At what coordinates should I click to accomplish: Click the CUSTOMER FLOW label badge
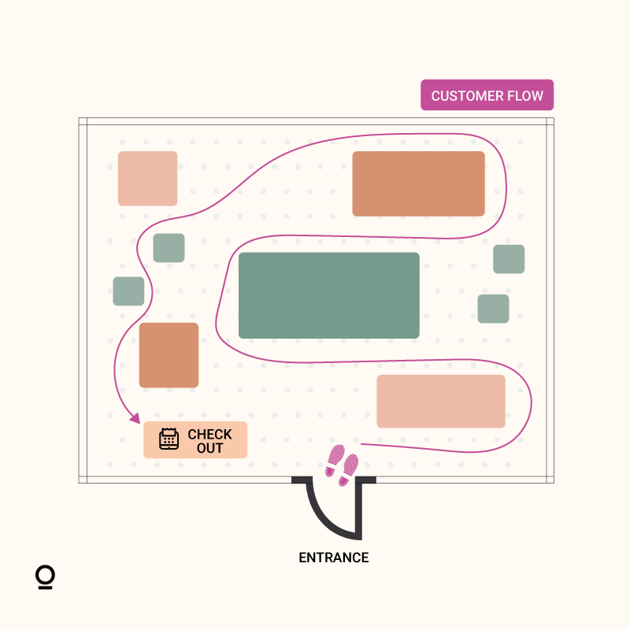[x=487, y=95]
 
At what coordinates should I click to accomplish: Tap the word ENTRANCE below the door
[x=333, y=558]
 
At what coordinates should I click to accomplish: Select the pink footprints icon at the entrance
[x=342, y=465]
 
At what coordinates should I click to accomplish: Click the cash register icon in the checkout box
[x=169, y=439]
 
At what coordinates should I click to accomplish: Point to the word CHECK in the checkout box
[x=209, y=434]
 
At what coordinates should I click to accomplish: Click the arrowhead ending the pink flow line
[x=135, y=419]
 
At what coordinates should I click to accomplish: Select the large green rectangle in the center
[x=328, y=295]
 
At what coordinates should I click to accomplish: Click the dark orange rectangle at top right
[x=418, y=183]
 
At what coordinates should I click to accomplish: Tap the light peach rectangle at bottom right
[x=440, y=401]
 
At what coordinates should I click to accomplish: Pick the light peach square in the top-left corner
[x=147, y=178]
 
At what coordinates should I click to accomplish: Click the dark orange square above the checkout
[x=169, y=354]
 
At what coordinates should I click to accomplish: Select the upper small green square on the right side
[x=509, y=259]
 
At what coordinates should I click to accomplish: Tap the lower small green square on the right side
[x=493, y=309]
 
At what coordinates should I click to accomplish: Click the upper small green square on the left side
[x=169, y=248]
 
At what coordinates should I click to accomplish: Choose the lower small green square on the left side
[x=128, y=291]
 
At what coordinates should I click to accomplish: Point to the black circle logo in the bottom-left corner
[x=45, y=576]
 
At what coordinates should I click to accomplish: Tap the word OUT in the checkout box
[x=209, y=447]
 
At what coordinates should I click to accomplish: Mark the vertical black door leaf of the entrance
[x=361, y=508]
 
